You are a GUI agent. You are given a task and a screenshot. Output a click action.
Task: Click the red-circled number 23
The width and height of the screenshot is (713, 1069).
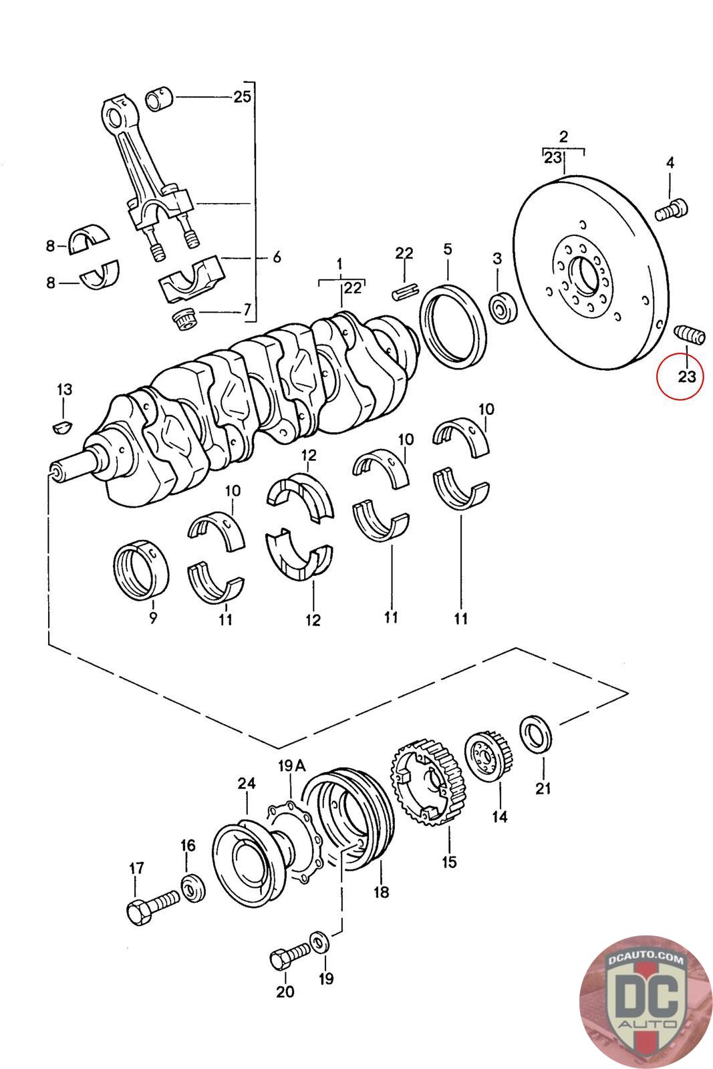[687, 377]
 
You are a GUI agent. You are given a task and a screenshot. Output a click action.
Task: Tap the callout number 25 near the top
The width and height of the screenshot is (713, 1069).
[242, 97]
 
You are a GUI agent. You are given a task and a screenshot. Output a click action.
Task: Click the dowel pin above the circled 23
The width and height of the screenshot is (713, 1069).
[689, 333]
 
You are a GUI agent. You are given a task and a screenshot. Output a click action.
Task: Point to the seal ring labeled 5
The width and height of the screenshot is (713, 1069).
[453, 327]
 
